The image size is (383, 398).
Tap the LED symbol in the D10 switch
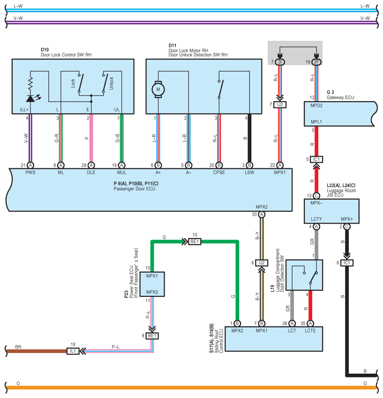click(30, 98)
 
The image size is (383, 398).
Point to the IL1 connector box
click(73, 350)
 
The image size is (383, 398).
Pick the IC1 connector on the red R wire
click(316, 159)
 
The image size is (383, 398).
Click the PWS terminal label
click(30, 173)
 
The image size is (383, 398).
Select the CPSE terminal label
click(218, 173)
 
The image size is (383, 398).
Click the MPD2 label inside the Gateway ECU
click(317, 105)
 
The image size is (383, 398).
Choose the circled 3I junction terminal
click(280, 62)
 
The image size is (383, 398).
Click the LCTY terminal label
click(316, 219)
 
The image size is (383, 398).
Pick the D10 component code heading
click(45, 49)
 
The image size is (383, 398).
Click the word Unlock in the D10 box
click(112, 83)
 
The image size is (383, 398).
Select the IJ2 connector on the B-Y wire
click(262, 263)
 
